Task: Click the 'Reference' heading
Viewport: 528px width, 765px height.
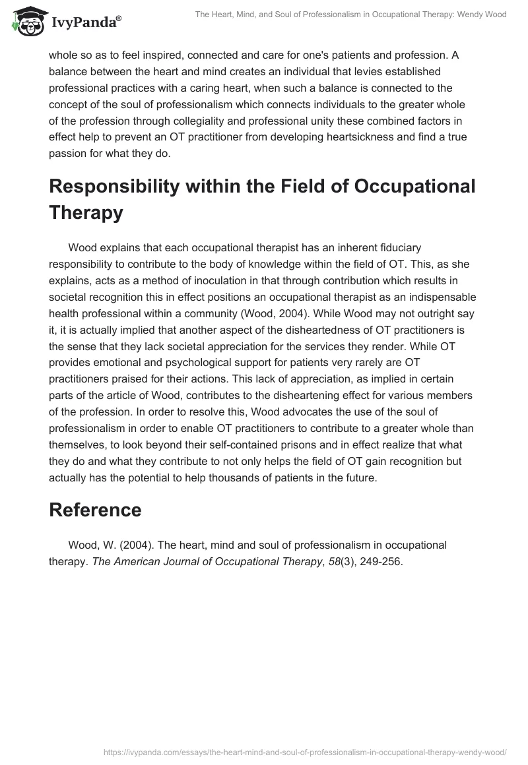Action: click(95, 510)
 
